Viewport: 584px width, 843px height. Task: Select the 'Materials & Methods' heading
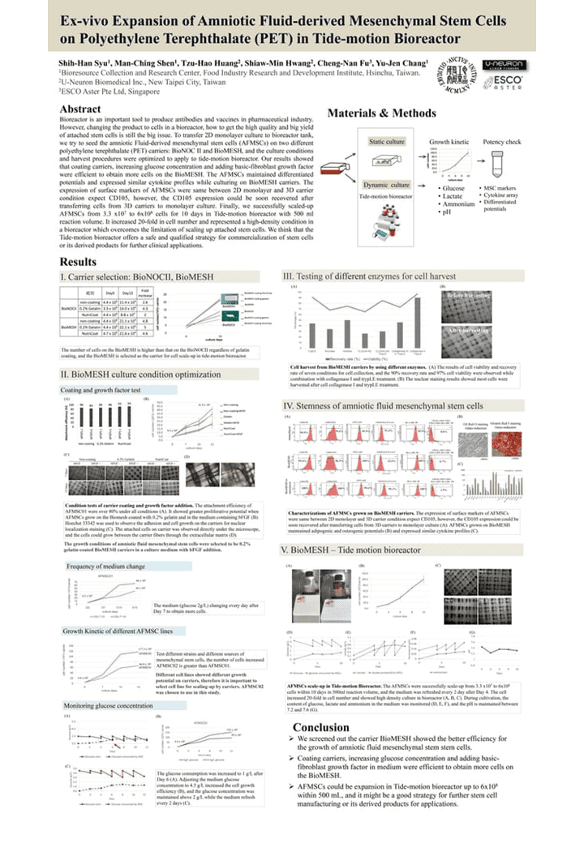381,113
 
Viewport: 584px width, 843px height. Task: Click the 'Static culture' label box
386,143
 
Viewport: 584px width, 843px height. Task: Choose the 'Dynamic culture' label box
386,186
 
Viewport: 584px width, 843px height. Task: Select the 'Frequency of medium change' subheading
106,566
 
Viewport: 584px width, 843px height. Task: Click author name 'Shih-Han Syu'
83,62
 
